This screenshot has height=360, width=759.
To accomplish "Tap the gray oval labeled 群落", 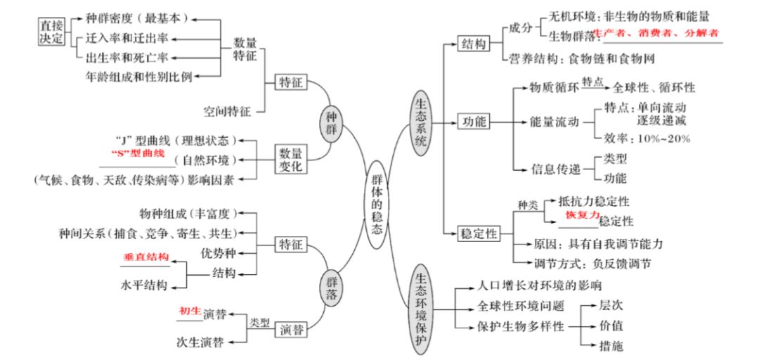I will [332, 285].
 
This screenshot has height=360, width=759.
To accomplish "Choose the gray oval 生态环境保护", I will [421, 309].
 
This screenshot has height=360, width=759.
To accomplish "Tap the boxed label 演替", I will [292, 328].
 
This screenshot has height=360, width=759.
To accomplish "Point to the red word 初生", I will [190, 310].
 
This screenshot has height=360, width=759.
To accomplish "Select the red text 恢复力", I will [583, 214].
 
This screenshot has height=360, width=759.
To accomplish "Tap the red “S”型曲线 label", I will [138, 153].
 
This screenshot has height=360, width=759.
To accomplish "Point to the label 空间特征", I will [226, 110].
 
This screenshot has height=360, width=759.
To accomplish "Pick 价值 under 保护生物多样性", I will [611, 326].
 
